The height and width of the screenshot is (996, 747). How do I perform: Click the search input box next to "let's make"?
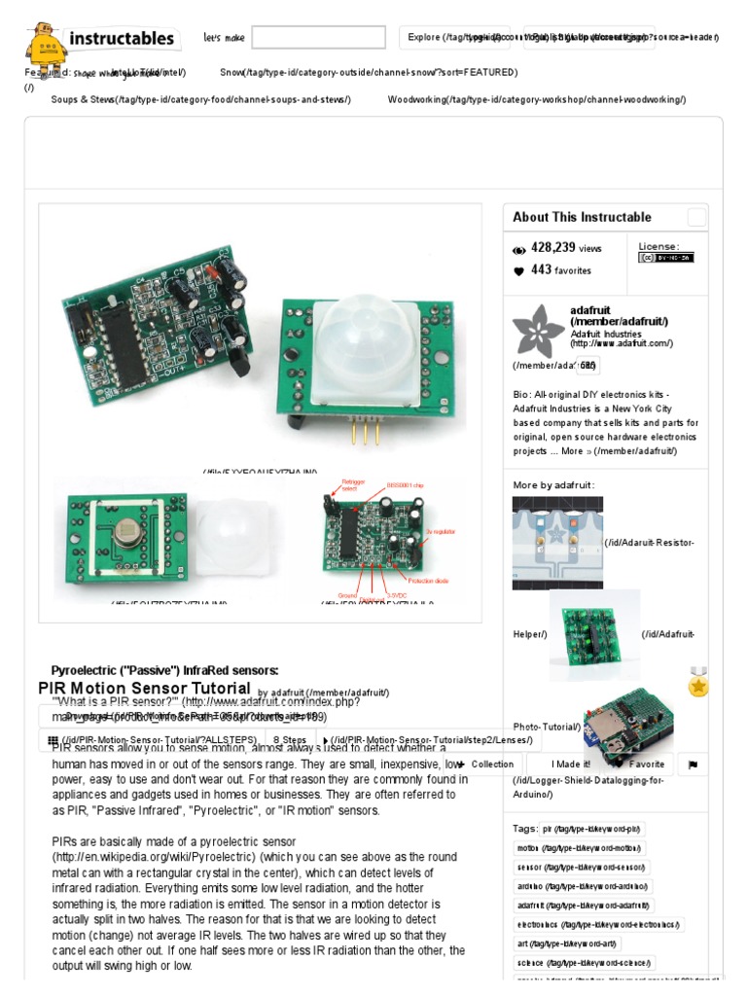click(319, 38)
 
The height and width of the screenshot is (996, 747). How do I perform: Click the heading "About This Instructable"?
click(582, 217)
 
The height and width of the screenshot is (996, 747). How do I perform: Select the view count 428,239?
click(554, 248)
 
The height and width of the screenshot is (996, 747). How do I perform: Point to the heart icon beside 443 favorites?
click(518, 271)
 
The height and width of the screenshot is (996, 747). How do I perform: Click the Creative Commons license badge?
click(665, 258)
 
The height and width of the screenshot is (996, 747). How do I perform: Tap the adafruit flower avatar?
click(538, 330)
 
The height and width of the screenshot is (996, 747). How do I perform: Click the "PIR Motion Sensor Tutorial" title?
click(144, 688)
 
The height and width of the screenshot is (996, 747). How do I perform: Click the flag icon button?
click(693, 765)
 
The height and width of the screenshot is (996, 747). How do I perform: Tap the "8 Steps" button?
click(290, 739)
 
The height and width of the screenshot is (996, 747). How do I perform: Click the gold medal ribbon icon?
click(698, 683)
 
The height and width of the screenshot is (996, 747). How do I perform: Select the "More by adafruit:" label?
click(553, 484)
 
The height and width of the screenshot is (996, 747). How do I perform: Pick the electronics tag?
click(598, 924)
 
